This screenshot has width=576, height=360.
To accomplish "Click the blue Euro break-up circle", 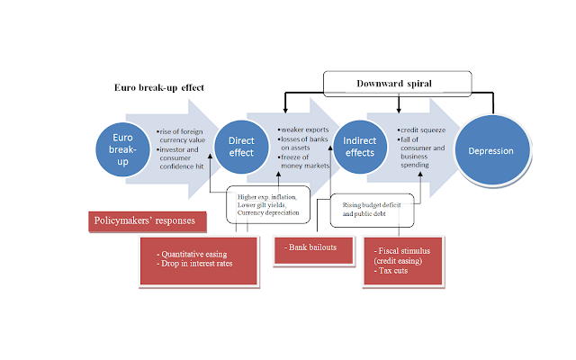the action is (122, 149).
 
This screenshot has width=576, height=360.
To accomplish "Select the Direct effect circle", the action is (241, 147).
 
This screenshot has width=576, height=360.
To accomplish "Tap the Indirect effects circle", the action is (360, 147).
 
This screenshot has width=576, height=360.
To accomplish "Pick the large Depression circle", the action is (492, 150).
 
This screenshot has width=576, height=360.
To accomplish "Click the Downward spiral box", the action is (397, 84).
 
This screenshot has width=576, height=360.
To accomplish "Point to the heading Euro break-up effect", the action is (159, 87).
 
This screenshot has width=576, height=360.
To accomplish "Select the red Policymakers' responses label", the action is (148, 221).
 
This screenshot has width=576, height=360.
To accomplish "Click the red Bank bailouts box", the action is (314, 251).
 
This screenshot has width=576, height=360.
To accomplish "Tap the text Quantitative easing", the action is (194, 254).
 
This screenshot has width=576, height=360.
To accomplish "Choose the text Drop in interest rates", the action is (196, 264).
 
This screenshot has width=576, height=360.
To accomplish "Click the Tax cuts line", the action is (391, 271).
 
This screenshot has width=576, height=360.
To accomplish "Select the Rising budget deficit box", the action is (372, 210).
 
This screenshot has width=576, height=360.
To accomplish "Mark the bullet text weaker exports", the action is (303, 130).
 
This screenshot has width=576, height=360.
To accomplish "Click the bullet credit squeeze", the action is (421, 130).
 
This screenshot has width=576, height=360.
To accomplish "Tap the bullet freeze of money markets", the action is (304, 162).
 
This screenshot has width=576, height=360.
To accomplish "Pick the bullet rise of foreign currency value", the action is (181, 136).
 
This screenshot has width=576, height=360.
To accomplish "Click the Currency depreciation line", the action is (268, 212).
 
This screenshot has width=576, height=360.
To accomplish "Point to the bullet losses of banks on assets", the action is (303, 143).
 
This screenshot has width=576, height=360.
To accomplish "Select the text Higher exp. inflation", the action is (267, 197).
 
